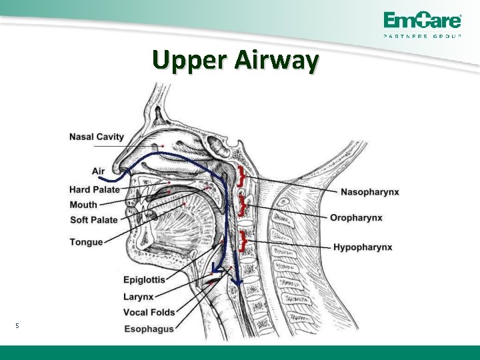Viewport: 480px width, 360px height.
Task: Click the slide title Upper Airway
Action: point(235,61)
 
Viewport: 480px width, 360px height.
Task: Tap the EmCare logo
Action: point(422,20)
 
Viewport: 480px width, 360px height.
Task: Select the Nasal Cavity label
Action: point(97,137)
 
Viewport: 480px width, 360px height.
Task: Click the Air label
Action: point(98,171)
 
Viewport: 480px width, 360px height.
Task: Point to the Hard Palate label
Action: point(95,189)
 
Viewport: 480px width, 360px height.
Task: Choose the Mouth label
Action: point(83,205)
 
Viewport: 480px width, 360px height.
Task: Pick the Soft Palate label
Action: point(94,220)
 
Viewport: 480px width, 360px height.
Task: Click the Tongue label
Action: point(86,242)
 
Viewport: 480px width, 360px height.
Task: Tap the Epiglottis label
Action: point(144,280)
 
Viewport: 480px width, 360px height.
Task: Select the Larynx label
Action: point(139,296)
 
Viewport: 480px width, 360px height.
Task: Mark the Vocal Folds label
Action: point(149,312)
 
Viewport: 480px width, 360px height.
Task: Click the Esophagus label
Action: point(149,329)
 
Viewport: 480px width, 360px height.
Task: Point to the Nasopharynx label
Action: point(370,192)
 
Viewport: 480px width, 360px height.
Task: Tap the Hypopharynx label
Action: point(363,247)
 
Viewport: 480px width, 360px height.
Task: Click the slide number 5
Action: point(18,325)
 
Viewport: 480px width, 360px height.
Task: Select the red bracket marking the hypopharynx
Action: point(245,240)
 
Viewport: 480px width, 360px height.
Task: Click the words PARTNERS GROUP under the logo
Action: point(422,36)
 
